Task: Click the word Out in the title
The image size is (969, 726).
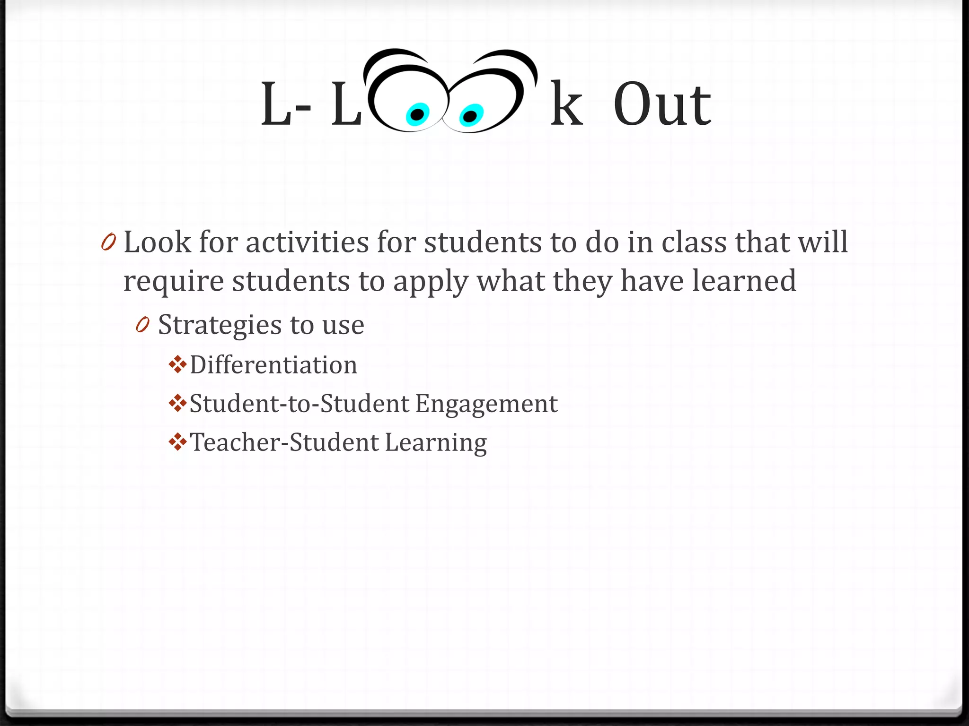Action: point(662,105)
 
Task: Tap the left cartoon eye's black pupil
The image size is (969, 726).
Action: point(417,114)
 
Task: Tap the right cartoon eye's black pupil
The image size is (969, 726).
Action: point(470,116)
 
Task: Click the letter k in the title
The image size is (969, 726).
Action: point(566,105)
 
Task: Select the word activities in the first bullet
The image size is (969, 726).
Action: point(307,243)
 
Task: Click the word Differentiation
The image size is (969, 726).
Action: point(273,365)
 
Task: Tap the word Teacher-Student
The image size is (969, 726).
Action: point(284,443)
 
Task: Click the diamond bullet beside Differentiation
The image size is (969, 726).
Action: point(177,364)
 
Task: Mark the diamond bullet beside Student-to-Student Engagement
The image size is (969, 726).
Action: point(177,403)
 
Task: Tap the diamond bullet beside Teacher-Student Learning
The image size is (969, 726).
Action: point(177,442)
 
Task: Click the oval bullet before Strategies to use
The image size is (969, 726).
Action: point(142,325)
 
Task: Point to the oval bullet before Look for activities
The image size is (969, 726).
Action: point(108,242)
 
